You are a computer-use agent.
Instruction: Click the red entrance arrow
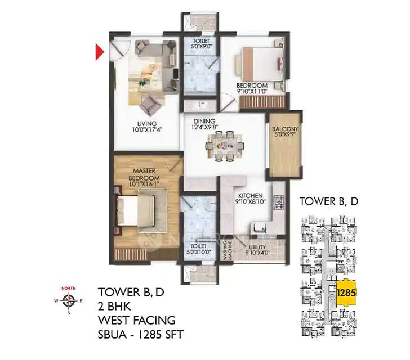tap(99, 52)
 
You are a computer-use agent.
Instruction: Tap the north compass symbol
tap(69, 301)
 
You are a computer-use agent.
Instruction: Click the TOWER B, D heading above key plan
tap(329, 201)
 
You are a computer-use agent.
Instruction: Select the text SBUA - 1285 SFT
tap(141, 335)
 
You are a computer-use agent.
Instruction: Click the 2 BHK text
tap(115, 306)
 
